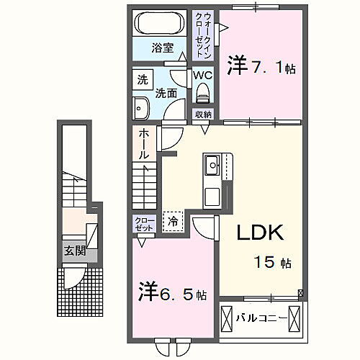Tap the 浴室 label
click(162, 49)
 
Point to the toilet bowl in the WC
click(202, 92)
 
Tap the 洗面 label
click(168, 93)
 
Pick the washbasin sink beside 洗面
click(140, 108)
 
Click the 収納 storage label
click(202, 114)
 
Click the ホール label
click(144, 143)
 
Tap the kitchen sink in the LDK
click(213, 168)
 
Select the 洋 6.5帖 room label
click(173, 294)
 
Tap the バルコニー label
click(264, 317)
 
